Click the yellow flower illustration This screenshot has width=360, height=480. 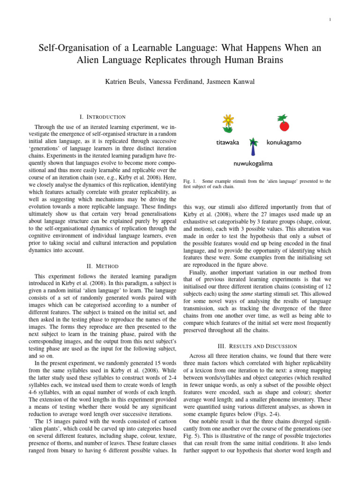tap(228, 123)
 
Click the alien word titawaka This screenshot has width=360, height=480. tap(227, 142)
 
